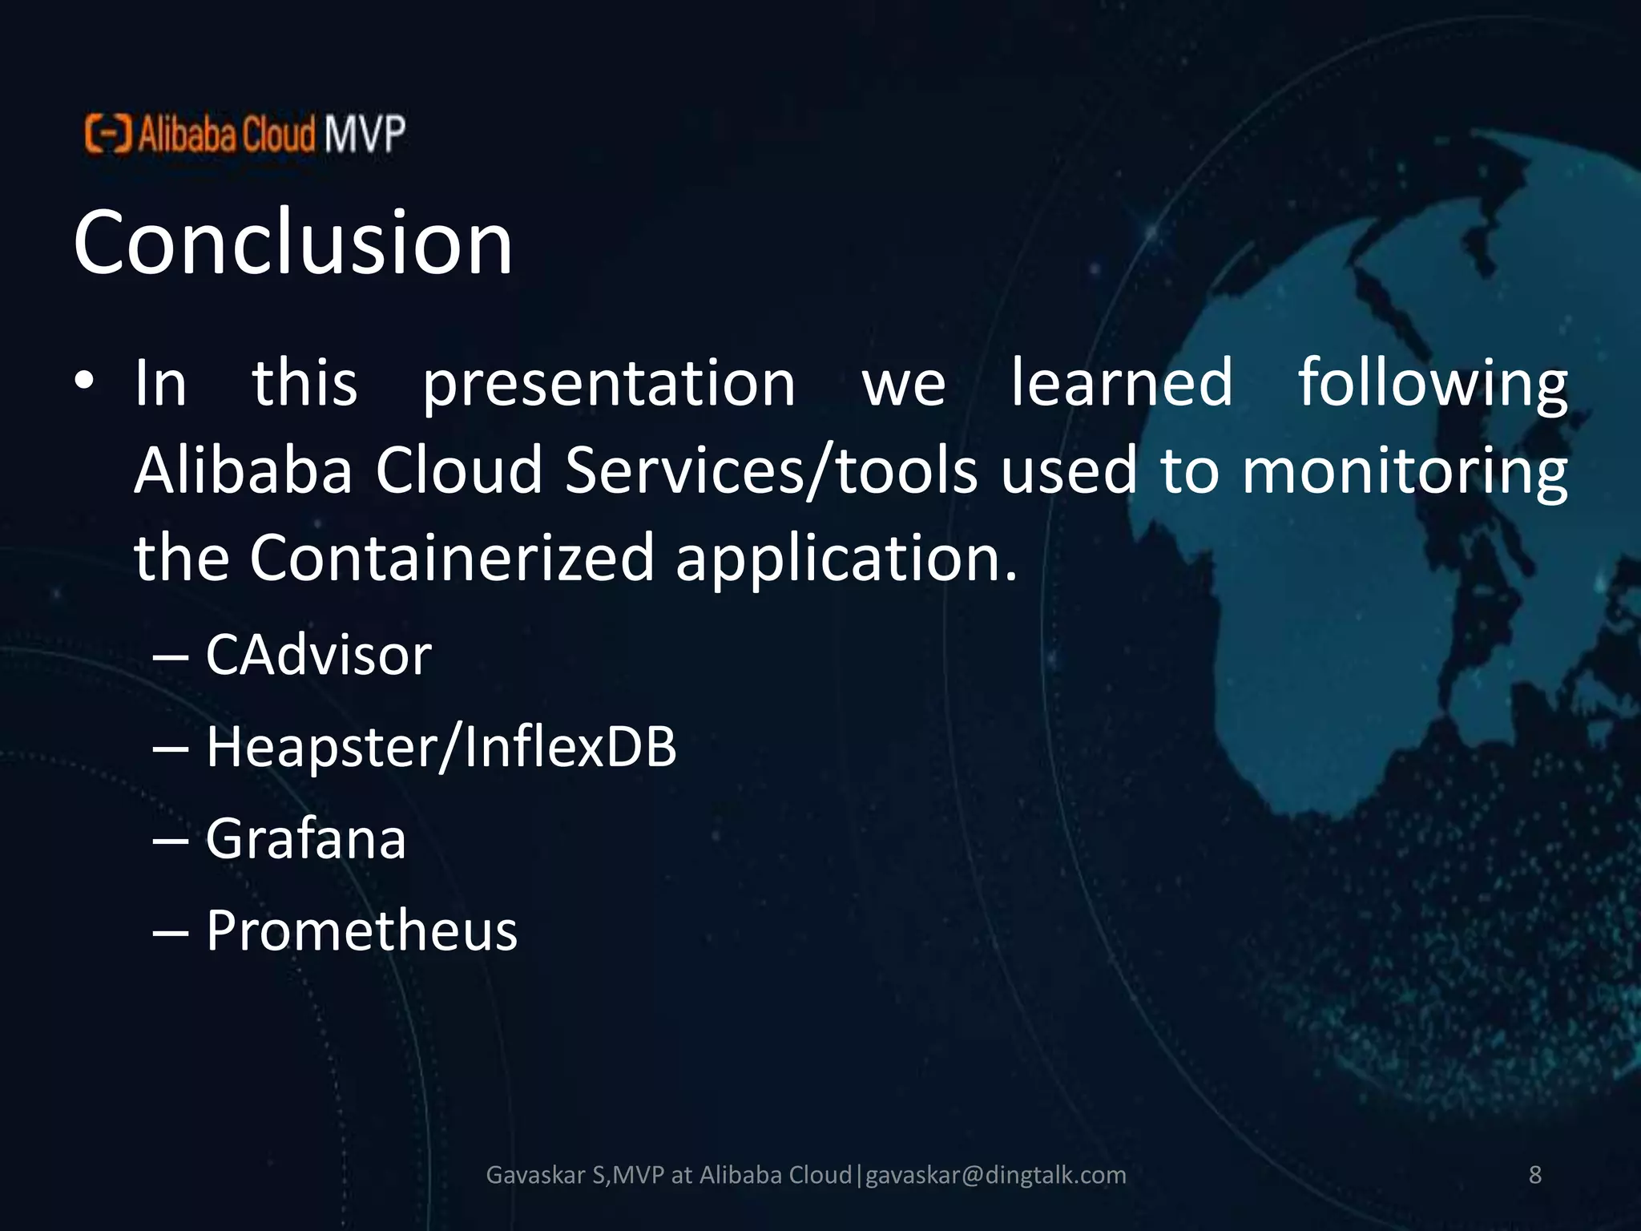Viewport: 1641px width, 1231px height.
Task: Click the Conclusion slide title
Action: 292,242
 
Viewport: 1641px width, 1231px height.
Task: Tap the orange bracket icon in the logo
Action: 107,134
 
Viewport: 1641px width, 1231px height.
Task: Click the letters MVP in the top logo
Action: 365,134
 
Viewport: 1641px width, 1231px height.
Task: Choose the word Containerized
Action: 453,558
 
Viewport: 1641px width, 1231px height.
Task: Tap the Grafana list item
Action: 305,839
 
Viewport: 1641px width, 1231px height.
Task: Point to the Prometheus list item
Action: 361,931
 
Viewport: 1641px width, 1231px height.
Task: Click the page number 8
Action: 1534,1175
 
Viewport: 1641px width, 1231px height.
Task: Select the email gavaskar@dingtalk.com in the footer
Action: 996,1175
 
